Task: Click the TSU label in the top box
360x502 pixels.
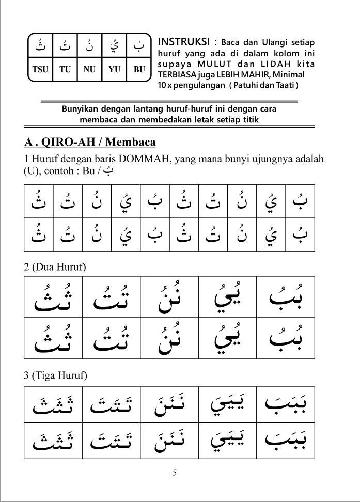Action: pyautogui.click(x=40, y=70)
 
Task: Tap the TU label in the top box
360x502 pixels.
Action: pyautogui.click(x=66, y=70)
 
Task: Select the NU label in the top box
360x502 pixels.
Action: pyautogui.click(x=89, y=70)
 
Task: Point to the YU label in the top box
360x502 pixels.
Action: pyautogui.click(x=114, y=70)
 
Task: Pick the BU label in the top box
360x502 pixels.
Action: pyautogui.click(x=139, y=70)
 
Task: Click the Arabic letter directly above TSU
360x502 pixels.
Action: pyautogui.click(x=40, y=48)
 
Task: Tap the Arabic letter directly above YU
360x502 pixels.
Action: pyautogui.click(x=114, y=48)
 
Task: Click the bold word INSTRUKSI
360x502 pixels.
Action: pyautogui.click(x=184, y=41)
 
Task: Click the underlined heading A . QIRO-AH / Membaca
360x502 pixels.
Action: pyautogui.click(x=90, y=142)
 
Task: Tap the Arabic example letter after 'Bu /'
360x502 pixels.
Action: pyautogui.click(x=107, y=171)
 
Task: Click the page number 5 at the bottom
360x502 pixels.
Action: pyautogui.click(x=175, y=472)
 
